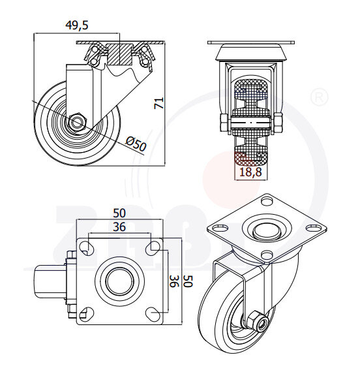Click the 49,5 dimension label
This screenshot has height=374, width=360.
point(77,25)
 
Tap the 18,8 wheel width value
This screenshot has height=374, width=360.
point(250,172)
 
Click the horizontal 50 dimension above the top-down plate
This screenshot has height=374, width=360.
point(119,213)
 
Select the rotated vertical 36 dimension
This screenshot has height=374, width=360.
point(174,281)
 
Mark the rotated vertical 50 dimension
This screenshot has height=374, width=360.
point(188,281)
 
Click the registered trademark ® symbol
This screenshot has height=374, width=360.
point(319,97)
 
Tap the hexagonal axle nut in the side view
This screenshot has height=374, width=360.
point(77,121)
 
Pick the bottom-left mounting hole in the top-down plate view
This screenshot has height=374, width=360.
point(85,315)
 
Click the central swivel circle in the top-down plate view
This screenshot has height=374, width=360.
point(119,281)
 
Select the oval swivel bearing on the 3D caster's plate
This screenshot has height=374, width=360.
point(265,230)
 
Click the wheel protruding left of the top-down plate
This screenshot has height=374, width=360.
point(44,281)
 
